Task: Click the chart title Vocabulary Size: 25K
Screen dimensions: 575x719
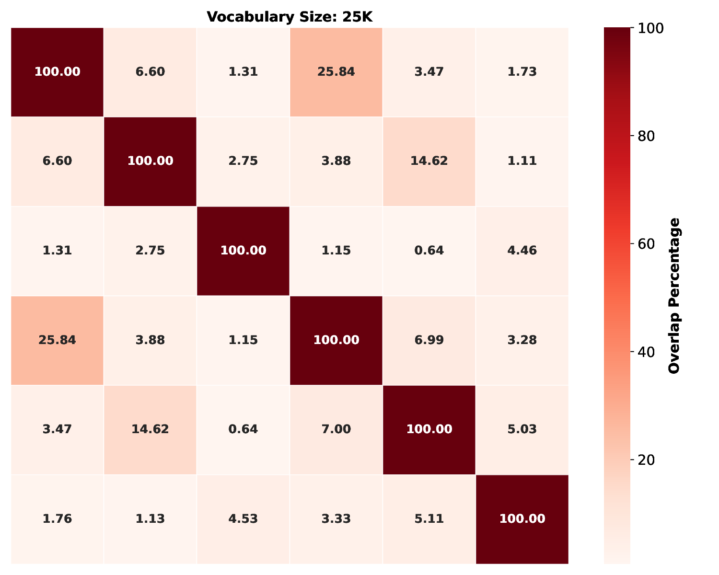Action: point(290,17)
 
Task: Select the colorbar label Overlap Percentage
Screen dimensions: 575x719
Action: point(674,296)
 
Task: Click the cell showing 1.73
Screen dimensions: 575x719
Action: point(522,72)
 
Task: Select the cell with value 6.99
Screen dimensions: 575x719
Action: point(429,340)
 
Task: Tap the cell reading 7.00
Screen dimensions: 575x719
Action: point(336,429)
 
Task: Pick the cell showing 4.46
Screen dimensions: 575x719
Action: point(522,251)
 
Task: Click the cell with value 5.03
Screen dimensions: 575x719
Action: point(522,429)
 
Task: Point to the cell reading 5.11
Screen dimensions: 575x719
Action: point(429,518)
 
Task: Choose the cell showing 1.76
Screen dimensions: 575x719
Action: point(57,518)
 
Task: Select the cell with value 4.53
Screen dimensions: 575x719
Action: point(243,518)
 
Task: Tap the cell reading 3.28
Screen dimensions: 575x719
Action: point(522,340)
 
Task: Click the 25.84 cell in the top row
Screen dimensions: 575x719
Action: point(336,72)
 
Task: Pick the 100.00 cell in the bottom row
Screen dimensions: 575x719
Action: point(522,518)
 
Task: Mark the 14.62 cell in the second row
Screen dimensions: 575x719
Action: point(429,161)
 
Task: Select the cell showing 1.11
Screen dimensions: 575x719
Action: point(522,161)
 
